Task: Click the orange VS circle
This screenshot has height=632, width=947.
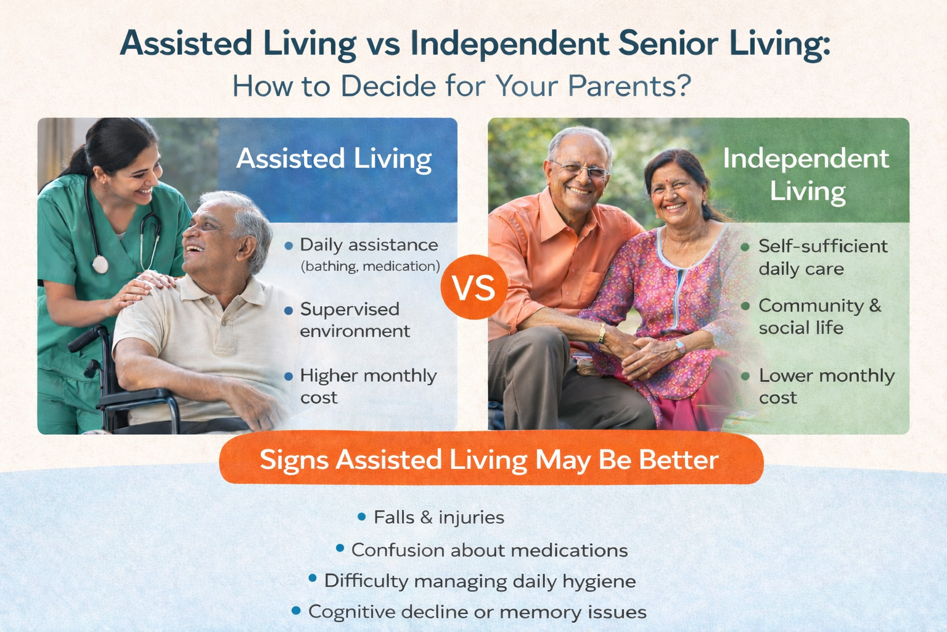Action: point(474,287)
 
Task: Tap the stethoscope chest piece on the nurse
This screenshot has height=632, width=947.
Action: point(100,265)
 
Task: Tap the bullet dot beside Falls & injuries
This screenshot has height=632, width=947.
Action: point(362,516)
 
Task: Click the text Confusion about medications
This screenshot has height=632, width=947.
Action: point(490,550)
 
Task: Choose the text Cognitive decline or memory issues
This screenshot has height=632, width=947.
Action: point(477,612)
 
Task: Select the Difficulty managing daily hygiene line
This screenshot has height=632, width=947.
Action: point(480,581)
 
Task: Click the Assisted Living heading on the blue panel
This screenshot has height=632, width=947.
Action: point(334,159)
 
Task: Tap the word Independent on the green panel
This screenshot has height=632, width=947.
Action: point(806,159)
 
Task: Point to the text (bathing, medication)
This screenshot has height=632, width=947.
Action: point(370,266)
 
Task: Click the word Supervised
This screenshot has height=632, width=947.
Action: point(350,309)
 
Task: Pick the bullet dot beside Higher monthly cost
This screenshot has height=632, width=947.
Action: point(289,376)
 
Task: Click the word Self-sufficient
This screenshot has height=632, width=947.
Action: point(822,246)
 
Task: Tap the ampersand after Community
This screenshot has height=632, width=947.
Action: point(875,306)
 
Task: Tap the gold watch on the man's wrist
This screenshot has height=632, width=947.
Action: point(602,334)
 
